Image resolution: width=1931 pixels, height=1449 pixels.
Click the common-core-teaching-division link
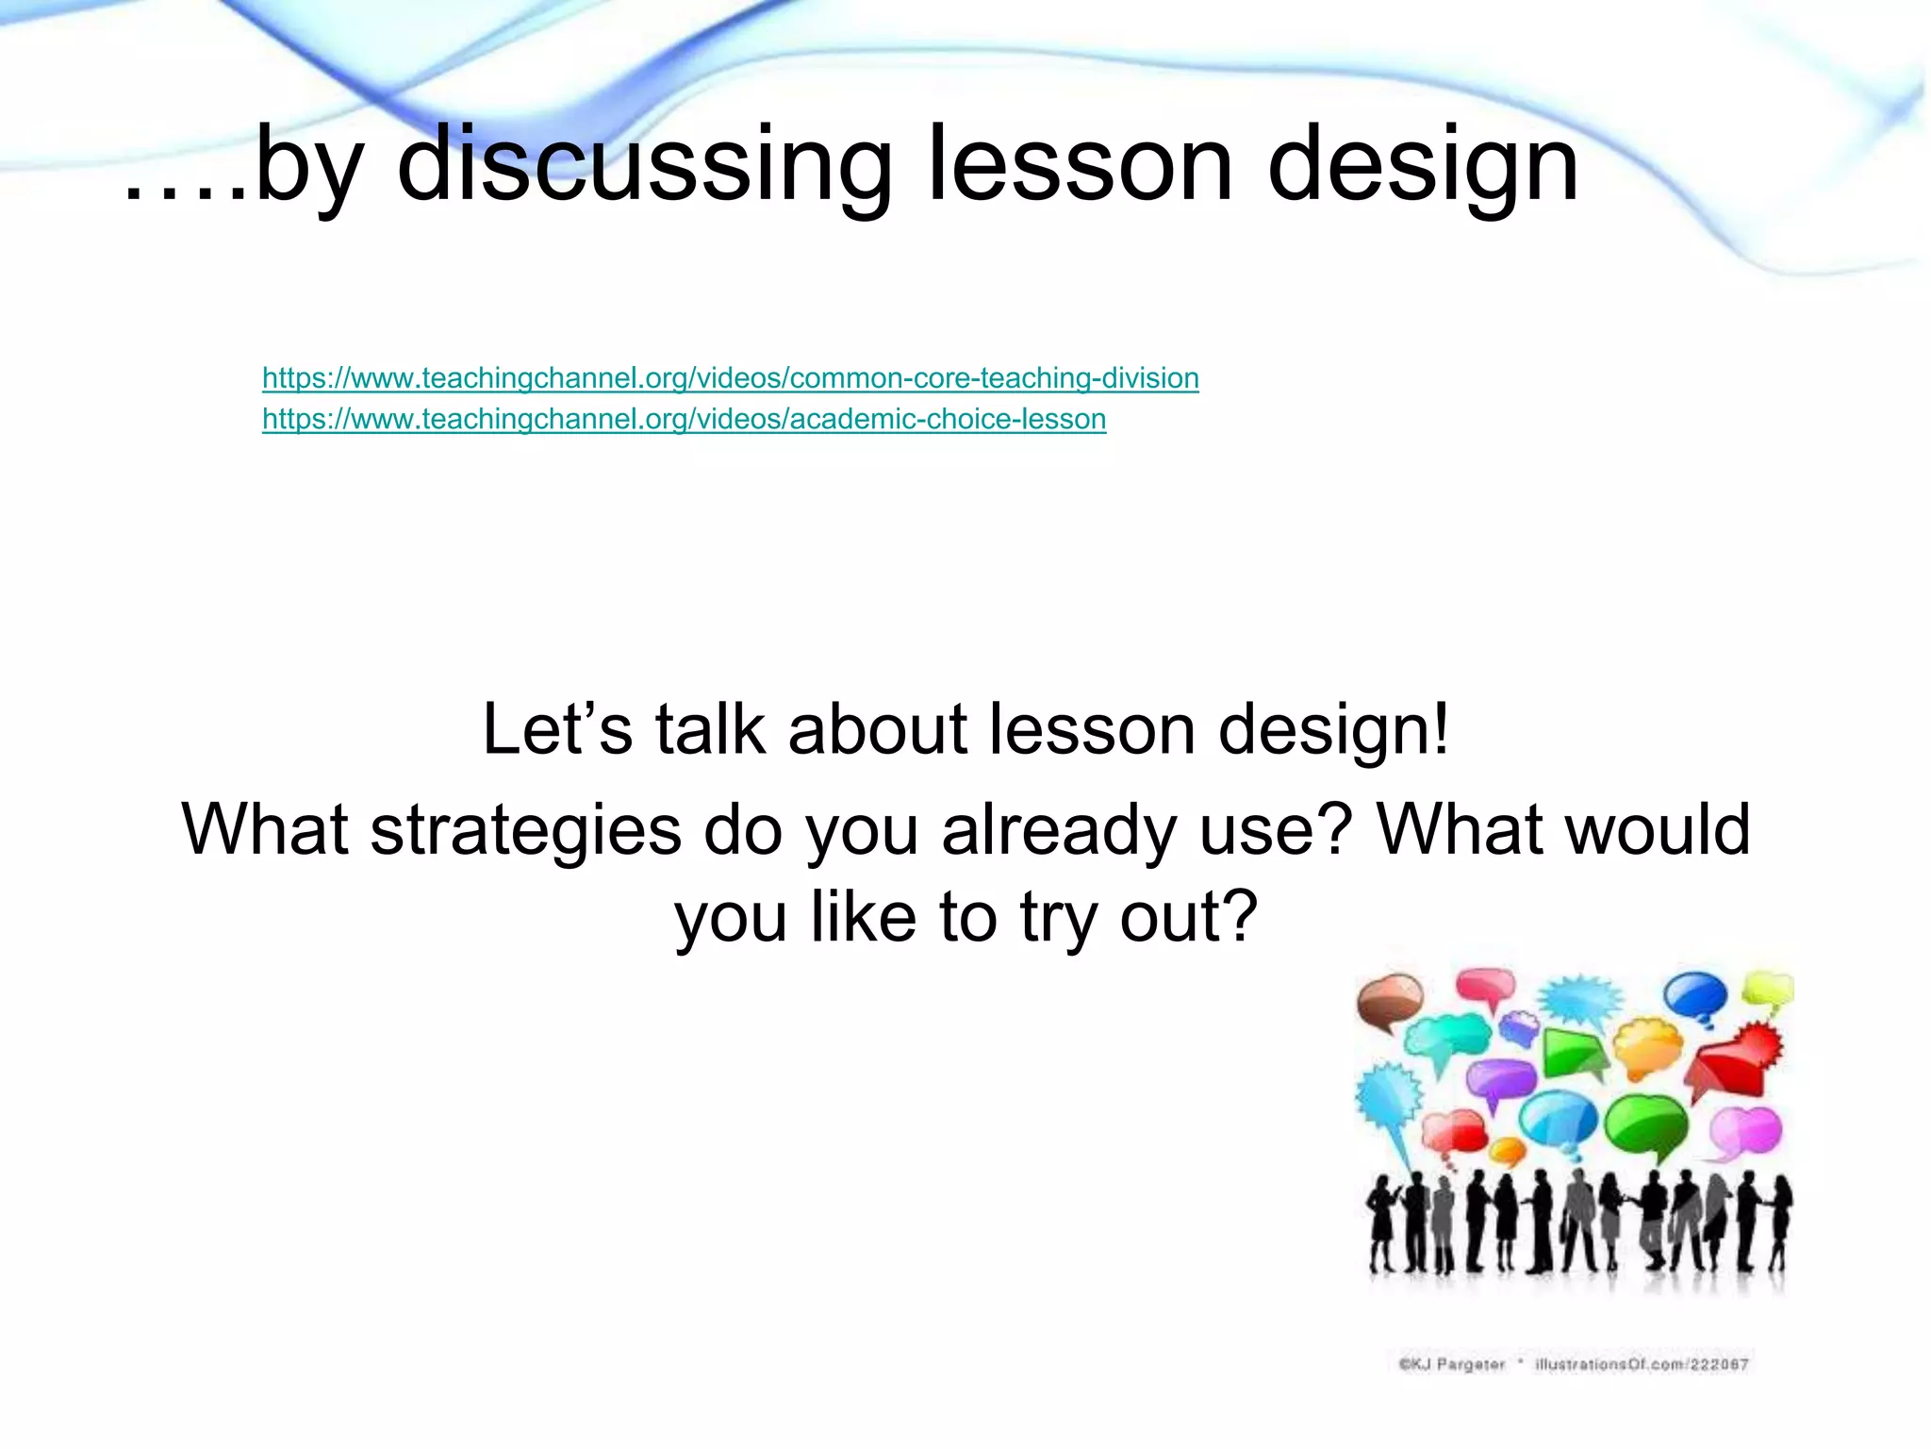730,378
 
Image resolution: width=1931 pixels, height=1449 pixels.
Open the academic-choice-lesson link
684,419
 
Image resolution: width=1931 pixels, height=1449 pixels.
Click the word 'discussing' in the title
644,165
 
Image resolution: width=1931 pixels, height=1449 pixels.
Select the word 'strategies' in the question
525,829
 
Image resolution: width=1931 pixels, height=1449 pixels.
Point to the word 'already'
1059,831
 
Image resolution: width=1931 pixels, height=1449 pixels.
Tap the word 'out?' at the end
1189,916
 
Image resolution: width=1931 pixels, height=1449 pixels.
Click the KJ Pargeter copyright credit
1451,1364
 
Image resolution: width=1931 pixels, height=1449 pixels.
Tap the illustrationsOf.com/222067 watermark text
1642,1364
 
